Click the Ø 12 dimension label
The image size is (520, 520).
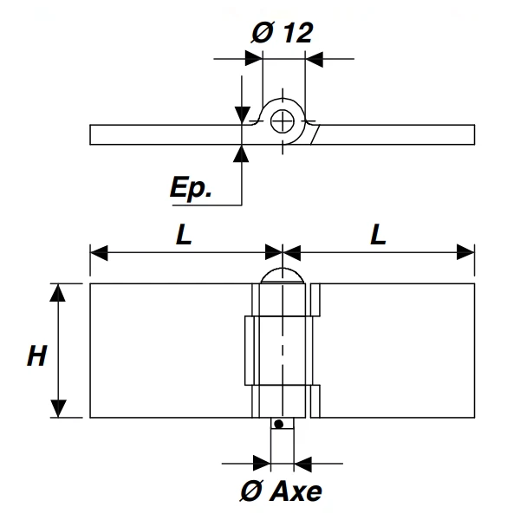pyautogui.click(x=283, y=33)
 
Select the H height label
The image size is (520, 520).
pyautogui.click(x=36, y=354)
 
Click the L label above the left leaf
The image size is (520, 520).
pyautogui.click(x=184, y=235)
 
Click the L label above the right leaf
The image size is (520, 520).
pyautogui.click(x=378, y=235)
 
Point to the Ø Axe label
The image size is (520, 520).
pyautogui.click(x=281, y=491)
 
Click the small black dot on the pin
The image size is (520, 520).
pyautogui.click(x=278, y=424)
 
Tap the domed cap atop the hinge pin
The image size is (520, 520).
pyautogui.click(x=283, y=276)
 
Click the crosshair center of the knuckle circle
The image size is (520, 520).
pyautogui.click(x=283, y=122)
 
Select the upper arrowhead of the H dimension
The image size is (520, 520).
pyautogui.click(x=58, y=292)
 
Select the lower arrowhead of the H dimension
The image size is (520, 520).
pyautogui.click(x=58, y=408)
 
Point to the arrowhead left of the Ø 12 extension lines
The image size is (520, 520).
pyautogui.click(x=252, y=59)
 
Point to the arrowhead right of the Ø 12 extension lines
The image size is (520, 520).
pyautogui.click(x=314, y=59)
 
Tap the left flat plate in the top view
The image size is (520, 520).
pyautogui.click(x=165, y=134)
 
